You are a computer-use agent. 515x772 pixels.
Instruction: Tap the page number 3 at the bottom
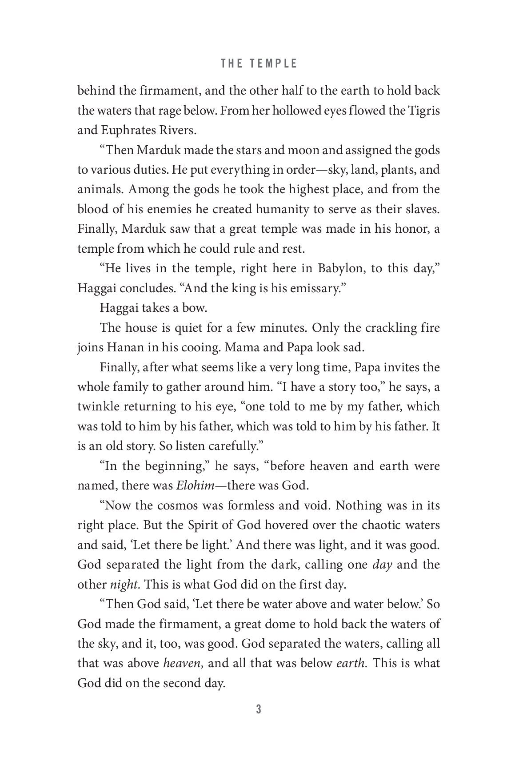258,709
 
